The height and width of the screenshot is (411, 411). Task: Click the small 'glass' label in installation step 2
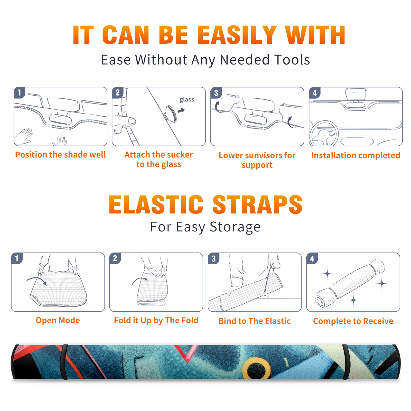point(187,100)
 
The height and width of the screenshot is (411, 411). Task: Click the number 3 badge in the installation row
point(216,93)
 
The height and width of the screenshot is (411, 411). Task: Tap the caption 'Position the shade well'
point(60,155)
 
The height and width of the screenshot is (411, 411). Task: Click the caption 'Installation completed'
point(356,155)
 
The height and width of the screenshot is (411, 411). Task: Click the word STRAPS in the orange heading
point(257,204)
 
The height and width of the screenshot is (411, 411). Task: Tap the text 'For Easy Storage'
point(205,227)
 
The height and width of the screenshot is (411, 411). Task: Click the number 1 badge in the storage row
point(17,258)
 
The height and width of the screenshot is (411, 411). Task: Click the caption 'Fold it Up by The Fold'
point(156,320)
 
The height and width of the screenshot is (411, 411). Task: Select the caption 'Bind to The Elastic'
point(255,321)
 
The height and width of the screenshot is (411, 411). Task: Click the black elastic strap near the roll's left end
point(64,362)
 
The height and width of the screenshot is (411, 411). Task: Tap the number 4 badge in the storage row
point(312,258)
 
